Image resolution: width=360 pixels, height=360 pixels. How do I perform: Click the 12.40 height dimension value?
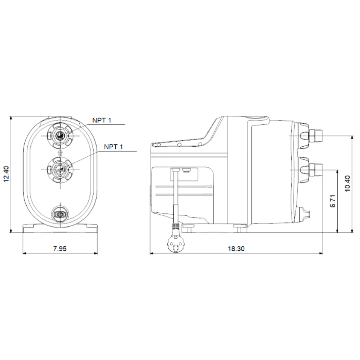6,174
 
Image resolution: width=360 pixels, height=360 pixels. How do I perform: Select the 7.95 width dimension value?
60,249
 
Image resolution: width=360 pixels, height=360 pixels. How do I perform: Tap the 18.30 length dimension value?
236,249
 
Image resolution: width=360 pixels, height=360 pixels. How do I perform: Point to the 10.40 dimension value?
347,184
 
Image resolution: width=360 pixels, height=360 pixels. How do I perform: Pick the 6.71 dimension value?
333,201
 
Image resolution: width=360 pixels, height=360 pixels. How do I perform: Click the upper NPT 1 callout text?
102,120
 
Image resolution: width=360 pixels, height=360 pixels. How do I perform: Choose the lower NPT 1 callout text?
114,147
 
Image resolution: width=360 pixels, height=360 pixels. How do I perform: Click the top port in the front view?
60,136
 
